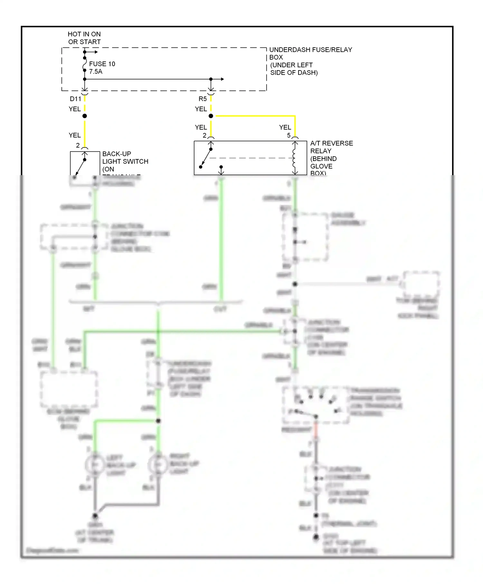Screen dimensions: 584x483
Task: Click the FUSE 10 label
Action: point(102,64)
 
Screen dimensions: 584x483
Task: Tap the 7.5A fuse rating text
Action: point(96,71)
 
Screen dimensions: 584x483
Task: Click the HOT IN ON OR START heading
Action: point(84,38)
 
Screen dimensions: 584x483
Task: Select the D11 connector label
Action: point(75,99)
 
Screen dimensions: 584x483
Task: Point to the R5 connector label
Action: point(203,99)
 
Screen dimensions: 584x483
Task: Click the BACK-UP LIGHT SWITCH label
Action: point(125,157)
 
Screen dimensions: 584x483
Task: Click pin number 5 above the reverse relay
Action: point(289,136)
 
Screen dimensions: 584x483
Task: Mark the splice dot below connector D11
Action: point(85,116)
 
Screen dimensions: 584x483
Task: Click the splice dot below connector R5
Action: point(211,116)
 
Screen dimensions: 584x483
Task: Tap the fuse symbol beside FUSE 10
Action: point(85,64)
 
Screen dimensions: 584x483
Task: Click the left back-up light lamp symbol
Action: point(95,465)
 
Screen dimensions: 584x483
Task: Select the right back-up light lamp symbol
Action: point(158,465)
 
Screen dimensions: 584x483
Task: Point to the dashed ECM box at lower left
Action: point(69,390)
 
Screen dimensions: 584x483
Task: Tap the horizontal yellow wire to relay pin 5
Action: point(254,116)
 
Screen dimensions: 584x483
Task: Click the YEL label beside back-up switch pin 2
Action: point(75,135)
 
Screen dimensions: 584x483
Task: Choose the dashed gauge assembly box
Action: point(305,237)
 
